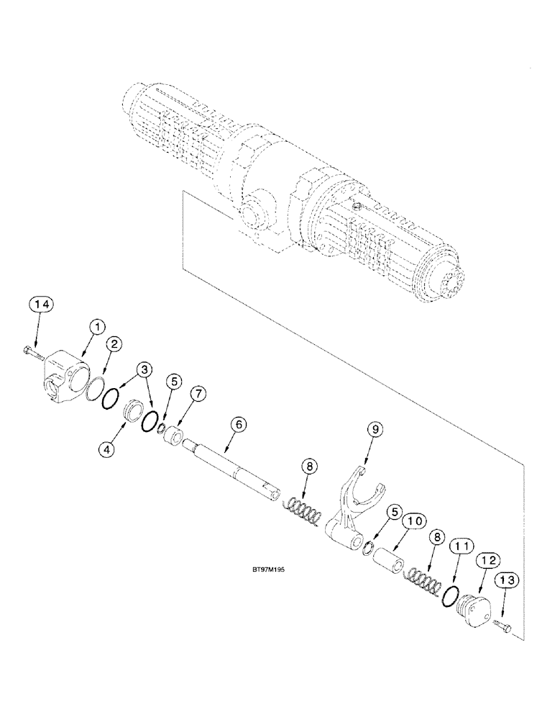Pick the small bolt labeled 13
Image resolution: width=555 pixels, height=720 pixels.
pyautogui.click(x=504, y=627)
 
